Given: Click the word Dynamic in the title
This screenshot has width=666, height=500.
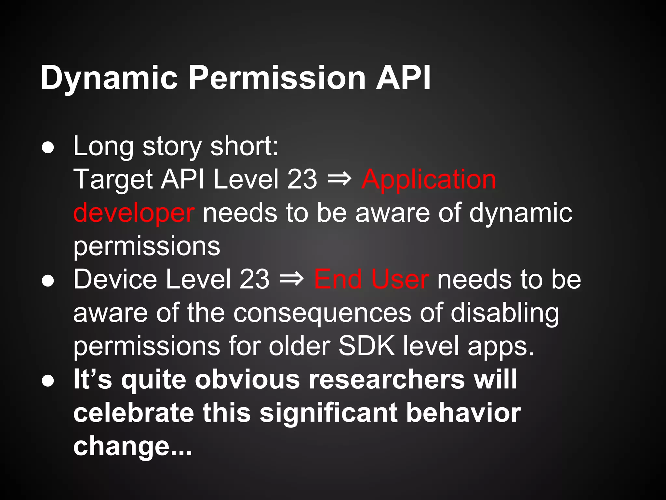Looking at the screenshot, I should tap(109, 78).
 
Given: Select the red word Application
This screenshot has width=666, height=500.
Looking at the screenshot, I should tap(429, 180).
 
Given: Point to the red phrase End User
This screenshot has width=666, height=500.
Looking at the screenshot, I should tap(371, 279).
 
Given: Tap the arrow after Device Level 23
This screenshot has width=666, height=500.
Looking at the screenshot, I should tap(292, 279).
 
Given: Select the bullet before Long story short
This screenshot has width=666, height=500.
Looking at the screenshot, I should tap(48, 148).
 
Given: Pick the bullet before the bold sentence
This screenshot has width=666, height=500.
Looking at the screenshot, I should tap(48, 381).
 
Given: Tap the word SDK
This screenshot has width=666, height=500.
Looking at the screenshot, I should tap(366, 346).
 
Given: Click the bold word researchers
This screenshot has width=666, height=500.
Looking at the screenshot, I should tap(387, 379).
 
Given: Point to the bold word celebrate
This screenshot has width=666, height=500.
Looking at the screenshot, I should tap(133, 413).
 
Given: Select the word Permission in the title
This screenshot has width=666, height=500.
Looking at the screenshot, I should tap(277, 78).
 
